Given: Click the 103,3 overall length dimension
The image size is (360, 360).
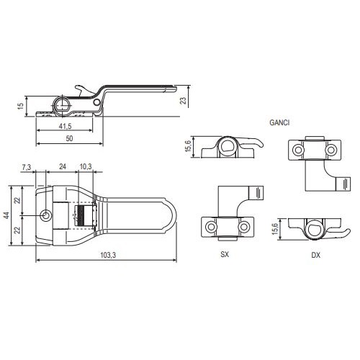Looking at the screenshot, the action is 108,255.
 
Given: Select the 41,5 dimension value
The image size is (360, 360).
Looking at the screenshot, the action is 66,126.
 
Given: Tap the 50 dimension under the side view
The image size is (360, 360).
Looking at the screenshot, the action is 69,138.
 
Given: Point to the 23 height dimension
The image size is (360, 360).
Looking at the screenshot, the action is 183,100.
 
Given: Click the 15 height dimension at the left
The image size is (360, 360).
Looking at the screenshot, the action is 21,106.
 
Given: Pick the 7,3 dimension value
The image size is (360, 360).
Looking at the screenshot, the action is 27,167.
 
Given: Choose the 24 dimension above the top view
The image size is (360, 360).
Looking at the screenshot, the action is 63,166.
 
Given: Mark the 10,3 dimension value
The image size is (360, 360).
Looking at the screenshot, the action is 86,166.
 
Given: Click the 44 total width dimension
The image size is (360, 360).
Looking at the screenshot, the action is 7,215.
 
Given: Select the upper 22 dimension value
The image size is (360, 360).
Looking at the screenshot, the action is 17,200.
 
